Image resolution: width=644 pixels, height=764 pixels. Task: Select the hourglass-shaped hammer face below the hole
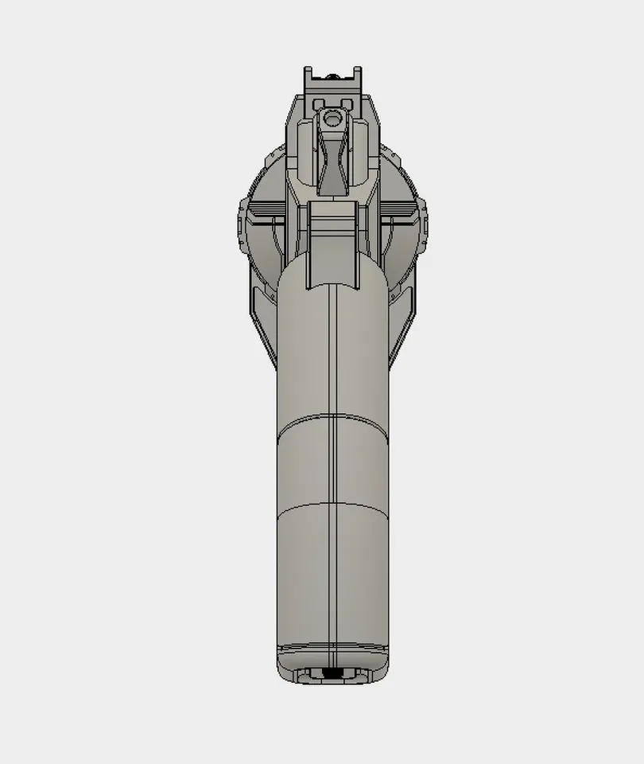(x=333, y=159)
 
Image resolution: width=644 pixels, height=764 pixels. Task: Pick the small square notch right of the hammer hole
(x=347, y=104)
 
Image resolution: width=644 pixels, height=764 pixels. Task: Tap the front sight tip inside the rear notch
(x=333, y=76)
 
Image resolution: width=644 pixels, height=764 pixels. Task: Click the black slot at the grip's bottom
(x=333, y=675)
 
